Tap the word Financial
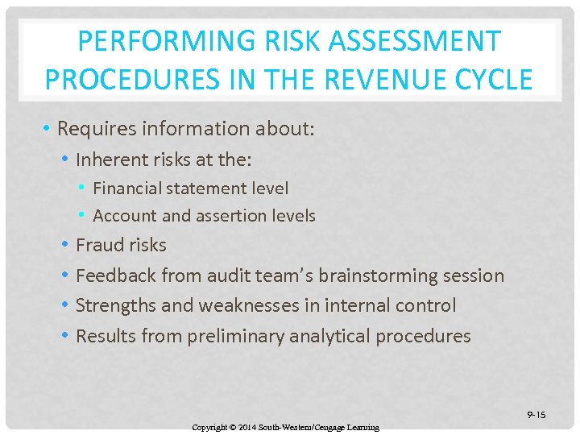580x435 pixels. (x=130, y=188)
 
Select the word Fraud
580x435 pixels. (x=97, y=245)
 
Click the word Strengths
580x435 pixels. (x=115, y=306)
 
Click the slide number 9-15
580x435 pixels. (x=536, y=415)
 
